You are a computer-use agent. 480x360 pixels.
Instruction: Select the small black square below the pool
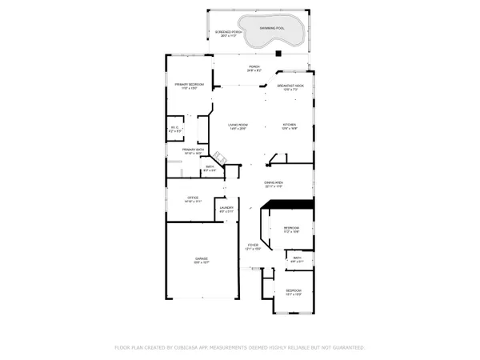278,54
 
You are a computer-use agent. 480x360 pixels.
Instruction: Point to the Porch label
254,68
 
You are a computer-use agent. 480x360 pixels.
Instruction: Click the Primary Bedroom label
190,86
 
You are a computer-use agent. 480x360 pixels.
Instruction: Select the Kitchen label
290,126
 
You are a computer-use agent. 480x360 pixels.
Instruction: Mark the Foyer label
253,248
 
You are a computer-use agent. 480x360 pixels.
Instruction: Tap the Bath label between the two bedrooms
297,258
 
